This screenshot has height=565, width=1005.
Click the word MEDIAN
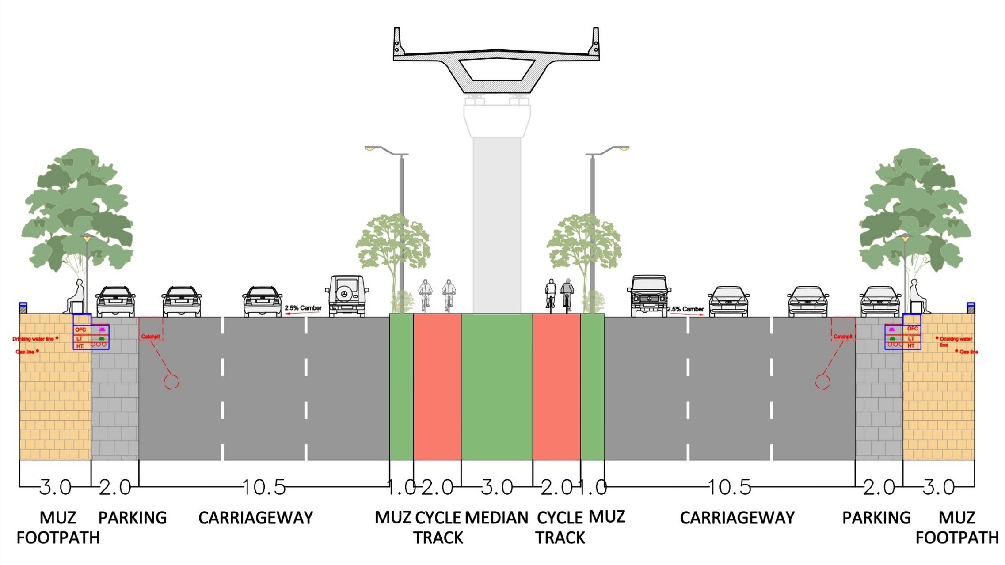pyautogui.click(x=497, y=518)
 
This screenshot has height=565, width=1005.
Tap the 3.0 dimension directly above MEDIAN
pyautogui.click(x=497, y=487)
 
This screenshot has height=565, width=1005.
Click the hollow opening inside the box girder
pyautogui.click(x=497, y=69)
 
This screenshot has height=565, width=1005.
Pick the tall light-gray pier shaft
pyautogui.click(x=497, y=221)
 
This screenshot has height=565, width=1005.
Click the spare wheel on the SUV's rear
pyautogui.click(x=345, y=294)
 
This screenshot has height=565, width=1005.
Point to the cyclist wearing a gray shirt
pyautogui.click(x=567, y=293)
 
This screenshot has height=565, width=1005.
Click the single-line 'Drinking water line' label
pyautogui.click(x=33, y=339)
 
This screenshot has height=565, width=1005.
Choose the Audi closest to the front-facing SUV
pyautogui.click(x=729, y=301)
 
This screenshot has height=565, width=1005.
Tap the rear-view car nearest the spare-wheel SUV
pyautogui.click(x=262, y=301)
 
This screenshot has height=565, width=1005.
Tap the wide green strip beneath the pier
pyautogui.click(x=497, y=387)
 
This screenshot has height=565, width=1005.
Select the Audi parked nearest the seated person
pyautogui.click(x=880, y=301)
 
